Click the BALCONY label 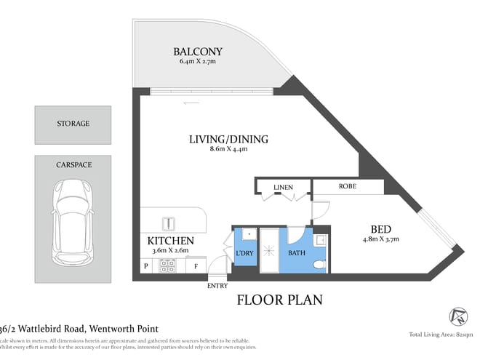click(x=197, y=52)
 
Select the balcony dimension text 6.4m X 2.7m click(x=197, y=62)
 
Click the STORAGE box click(x=73, y=124)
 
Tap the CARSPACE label click(x=73, y=165)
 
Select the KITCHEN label click(x=170, y=241)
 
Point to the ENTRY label click(x=217, y=286)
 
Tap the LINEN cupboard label click(x=283, y=188)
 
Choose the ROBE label click(x=348, y=187)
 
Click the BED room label click(x=380, y=226)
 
